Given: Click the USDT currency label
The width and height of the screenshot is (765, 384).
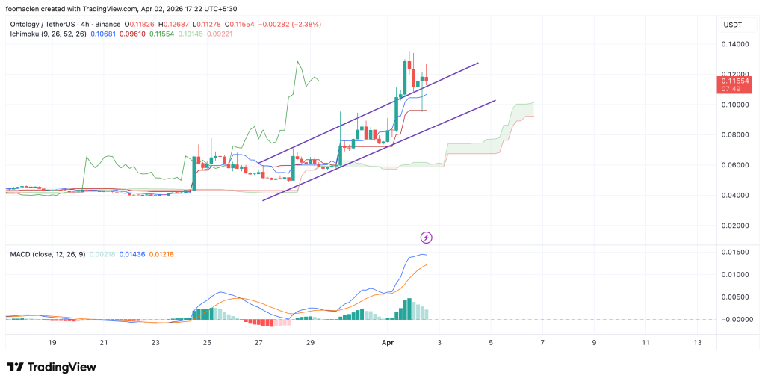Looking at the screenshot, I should pyautogui.click(x=731, y=25).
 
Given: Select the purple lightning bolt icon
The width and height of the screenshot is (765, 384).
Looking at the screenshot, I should pyautogui.click(x=427, y=238).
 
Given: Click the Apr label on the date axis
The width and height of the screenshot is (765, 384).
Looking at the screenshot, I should pyautogui.click(x=387, y=341).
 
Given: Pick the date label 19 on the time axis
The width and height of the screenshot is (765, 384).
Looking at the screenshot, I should pyautogui.click(x=52, y=341).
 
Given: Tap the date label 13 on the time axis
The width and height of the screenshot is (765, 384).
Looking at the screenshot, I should pyautogui.click(x=698, y=341).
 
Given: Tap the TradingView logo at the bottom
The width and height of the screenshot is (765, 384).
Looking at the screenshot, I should pyautogui.click(x=51, y=367).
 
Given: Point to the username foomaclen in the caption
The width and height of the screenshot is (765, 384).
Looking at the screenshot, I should pyautogui.click(x=28, y=8).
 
